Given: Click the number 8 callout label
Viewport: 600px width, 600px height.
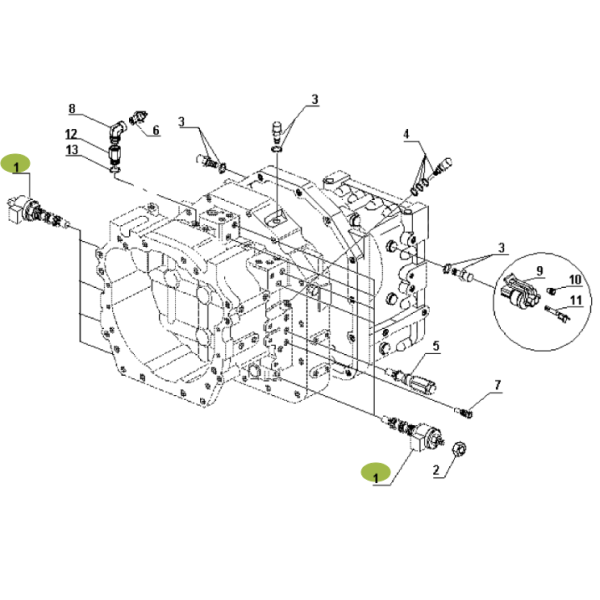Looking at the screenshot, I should (72, 108).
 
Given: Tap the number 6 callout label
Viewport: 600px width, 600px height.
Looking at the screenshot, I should (156, 131).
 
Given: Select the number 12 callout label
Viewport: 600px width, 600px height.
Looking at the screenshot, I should (72, 134).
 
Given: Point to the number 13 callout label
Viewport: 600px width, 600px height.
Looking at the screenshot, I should (72, 150).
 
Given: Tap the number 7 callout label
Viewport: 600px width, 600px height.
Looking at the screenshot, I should (497, 385).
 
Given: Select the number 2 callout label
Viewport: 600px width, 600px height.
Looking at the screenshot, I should (436, 468).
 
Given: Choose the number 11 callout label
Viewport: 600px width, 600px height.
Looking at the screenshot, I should (576, 300).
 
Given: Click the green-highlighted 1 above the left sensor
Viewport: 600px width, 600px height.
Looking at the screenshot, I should (16, 162).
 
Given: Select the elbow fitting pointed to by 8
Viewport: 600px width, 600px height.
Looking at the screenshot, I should (118, 127).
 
